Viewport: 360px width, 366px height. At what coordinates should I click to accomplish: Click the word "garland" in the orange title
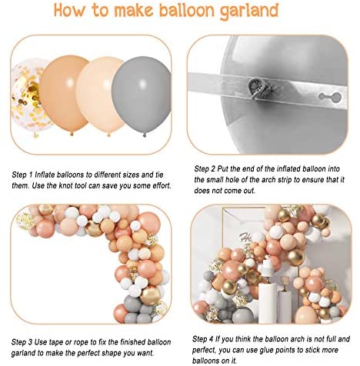point(248,11)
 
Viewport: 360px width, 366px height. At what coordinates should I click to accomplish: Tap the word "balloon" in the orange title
point(188,10)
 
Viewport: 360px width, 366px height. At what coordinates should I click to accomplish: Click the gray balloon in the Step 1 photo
point(142,95)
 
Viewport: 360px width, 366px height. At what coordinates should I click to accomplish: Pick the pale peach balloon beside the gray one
point(102,95)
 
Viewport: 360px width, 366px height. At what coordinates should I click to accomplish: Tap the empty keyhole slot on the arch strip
point(329,97)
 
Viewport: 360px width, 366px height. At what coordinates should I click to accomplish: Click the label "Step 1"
point(22,175)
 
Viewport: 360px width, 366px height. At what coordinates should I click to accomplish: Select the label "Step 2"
point(205,169)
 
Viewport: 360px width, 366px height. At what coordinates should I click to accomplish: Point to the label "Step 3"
point(22,342)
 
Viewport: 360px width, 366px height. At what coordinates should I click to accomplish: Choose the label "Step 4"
point(202,339)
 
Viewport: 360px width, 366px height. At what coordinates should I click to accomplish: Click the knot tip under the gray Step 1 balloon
point(145,135)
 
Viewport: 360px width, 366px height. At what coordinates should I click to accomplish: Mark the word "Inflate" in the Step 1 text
point(45,175)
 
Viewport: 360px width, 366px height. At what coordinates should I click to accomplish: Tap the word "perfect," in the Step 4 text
point(205,350)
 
